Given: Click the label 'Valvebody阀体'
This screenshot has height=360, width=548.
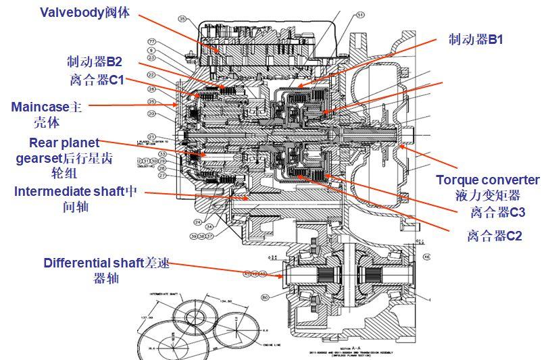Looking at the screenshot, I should pos(84,12).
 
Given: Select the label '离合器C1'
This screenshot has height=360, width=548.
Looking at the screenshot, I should pos(97,80).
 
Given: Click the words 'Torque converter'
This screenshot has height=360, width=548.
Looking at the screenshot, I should pos(487,180).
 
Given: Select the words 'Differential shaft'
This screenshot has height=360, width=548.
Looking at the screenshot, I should pos(94,263).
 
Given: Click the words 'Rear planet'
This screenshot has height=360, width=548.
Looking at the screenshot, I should pos(64,143).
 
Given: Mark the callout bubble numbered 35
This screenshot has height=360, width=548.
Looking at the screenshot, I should pos(182,19).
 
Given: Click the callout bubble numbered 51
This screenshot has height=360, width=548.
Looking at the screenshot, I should pos(360,14).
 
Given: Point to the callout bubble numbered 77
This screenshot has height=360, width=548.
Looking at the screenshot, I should pos(152,41).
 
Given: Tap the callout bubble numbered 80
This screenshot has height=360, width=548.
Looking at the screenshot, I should pos(265,297).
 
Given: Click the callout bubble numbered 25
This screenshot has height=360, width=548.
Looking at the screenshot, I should pos(152,102).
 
